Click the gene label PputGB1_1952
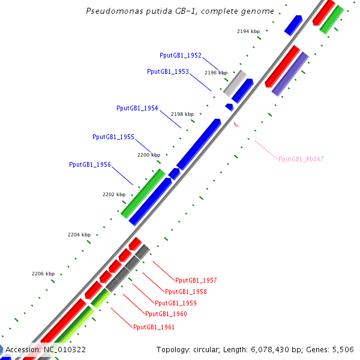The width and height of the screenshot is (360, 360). pyautogui.click(x=180, y=55)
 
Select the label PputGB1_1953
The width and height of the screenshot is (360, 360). pyautogui.click(x=168, y=71)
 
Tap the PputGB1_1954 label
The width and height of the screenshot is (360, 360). pyautogui.click(x=137, y=108)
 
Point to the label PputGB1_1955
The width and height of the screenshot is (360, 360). pyautogui.click(x=113, y=137)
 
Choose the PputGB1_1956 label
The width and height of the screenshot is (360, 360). pyautogui.click(x=90, y=164)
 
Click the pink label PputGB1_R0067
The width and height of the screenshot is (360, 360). pyautogui.click(x=301, y=159)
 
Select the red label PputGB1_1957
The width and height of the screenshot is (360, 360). pyautogui.click(x=196, y=280)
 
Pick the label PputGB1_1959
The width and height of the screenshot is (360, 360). pyautogui.click(x=176, y=303)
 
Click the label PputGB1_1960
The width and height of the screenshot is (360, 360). pyautogui.click(x=166, y=314)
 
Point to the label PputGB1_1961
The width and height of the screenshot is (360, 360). pyautogui.click(x=154, y=327)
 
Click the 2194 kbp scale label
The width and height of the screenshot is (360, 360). pyautogui.click(x=248, y=31)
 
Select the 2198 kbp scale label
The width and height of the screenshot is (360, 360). pyautogui.click(x=182, y=114)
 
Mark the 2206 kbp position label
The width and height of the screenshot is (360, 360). pyautogui.click(x=43, y=274)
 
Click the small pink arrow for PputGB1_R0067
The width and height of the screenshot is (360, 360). pyautogui.click(x=236, y=124)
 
